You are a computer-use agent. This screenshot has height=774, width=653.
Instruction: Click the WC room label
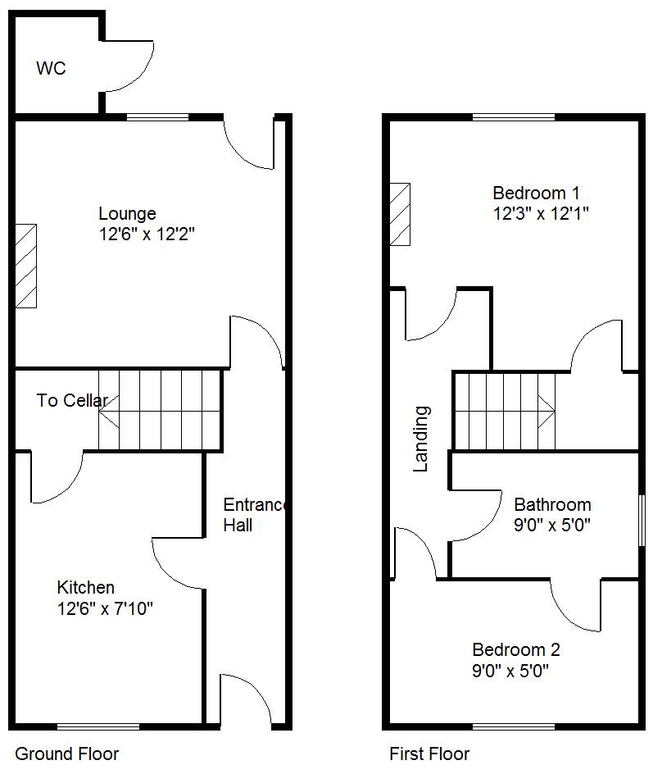pos(51,68)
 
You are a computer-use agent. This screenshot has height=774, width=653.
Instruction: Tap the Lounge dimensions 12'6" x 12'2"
pos(147,234)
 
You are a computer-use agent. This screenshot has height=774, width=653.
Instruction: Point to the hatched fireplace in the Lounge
pos(25,266)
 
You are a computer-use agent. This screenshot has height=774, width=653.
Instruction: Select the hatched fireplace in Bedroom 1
pos(400,214)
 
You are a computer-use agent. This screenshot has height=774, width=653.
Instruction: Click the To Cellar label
pos(72,400)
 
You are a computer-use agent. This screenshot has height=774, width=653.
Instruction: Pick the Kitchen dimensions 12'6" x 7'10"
pos(105,608)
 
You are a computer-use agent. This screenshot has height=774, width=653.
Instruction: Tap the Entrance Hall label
pos(255,515)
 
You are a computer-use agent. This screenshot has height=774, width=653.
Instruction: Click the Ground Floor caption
pos(67,754)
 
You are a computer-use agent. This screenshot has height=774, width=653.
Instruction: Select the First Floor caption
pos(429,754)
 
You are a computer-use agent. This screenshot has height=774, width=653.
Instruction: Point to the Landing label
pos(421,439)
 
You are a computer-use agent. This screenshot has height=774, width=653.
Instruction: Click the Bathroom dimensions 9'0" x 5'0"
pos(552,524)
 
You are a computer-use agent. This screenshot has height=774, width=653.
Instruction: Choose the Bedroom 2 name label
pos(516,649)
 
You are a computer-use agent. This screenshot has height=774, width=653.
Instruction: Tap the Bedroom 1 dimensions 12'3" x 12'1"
pos(541,214)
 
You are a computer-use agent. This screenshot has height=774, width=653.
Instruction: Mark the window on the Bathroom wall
pos(642,521)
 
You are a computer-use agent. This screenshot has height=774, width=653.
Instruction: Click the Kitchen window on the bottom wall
pos(98,726)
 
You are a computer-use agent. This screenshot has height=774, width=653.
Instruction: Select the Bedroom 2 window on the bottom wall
pos(514,726)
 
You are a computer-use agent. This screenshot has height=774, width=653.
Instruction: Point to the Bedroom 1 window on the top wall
pos(514,117)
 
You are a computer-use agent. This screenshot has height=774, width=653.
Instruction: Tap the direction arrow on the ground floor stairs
pos(108,412)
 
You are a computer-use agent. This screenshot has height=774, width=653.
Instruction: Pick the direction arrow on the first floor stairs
pos(546,412)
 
